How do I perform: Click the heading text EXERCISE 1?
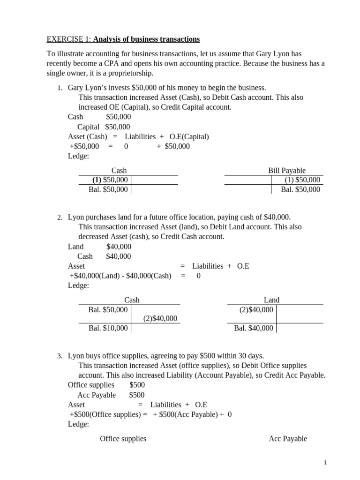pos(66,38)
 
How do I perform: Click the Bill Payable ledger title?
pos(286,171)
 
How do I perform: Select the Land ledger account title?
pos(271,300)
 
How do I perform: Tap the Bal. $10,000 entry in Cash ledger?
pos(108,328)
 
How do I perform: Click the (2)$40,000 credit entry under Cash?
pos(160,319)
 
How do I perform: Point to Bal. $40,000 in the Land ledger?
pos(253,328)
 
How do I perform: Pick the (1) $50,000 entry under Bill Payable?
pos(302,180)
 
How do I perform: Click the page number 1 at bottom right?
pos(324,463)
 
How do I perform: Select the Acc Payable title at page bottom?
pos(288,438)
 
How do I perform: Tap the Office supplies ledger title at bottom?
pos(123,438)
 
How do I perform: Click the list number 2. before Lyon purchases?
pos(60,217)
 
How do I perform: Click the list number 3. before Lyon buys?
pos(60,357)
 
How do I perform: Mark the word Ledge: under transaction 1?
pos(78,156)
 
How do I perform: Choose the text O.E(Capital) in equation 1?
pos(189,136)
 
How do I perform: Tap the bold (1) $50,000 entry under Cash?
pos(110,180)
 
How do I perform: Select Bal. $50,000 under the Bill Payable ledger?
pos(300,189)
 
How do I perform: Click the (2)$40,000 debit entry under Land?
pos(256,309)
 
